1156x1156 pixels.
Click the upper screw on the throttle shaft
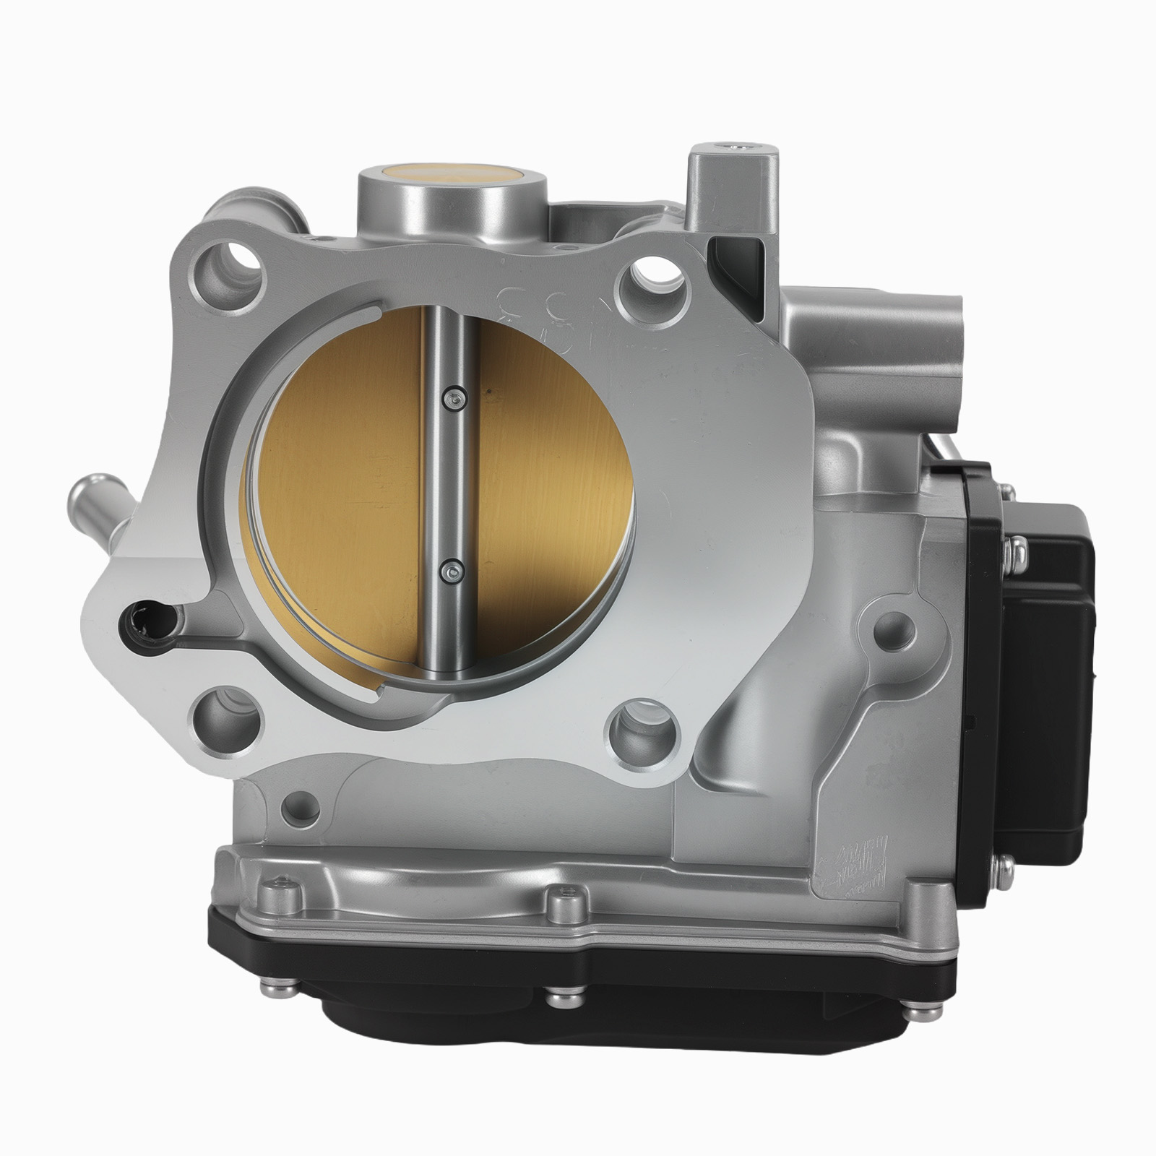(454, 397)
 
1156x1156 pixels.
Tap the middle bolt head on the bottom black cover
(561, 999)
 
